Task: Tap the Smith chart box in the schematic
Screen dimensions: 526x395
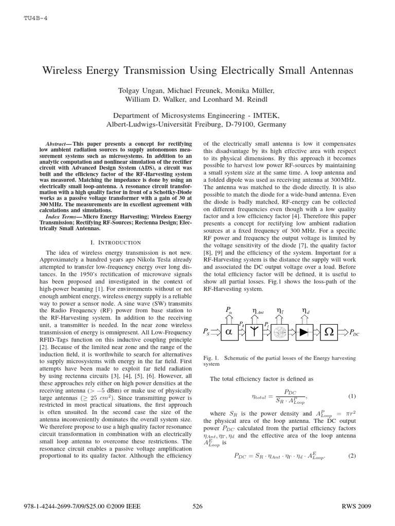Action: pyautogui.click(x=280, y=333)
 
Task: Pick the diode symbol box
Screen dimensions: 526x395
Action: pyautogui.click(x=306, y=333)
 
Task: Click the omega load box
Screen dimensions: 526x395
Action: pyautogui.click(x=332, y=333)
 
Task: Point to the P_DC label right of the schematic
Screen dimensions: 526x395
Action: pyautogui.click(x=354, y=333)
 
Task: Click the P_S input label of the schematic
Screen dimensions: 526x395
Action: pyautogui.click(x=206, y=333)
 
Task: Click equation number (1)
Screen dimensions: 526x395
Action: pyautogui.click(x=352, y=396)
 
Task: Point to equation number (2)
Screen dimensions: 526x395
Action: pyautogui.click(x=352, y=455)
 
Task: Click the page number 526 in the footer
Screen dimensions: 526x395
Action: pyautogui.click(x=197, y=506)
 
